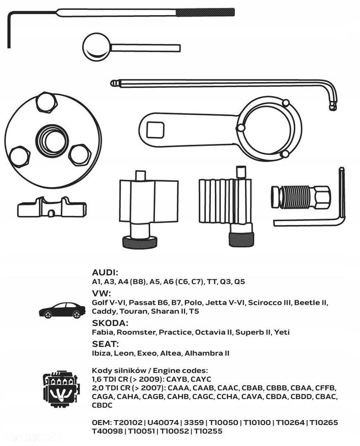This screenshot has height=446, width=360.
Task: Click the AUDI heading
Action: [x=105, y=273]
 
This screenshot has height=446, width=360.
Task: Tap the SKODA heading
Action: [x=110, y=323]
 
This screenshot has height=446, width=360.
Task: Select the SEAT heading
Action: [x=105, y=344]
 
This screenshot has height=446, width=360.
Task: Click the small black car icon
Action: [x=62, y=310]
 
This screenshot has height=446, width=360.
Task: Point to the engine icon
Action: [x=61, y=388]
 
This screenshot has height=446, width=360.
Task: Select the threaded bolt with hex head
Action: [x=300, y=197]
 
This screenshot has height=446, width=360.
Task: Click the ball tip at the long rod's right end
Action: [x=332, y=106]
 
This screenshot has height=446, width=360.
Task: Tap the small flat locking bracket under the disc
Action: [x=51, y=207]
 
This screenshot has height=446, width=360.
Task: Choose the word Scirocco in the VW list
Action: [x=265, y=302]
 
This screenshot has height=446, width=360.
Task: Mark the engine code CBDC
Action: [x=102, y=405]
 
